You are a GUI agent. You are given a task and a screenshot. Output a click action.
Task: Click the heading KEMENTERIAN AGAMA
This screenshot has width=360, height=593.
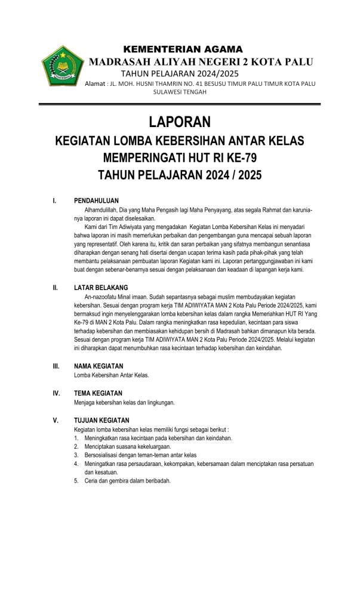[x=182, y=50]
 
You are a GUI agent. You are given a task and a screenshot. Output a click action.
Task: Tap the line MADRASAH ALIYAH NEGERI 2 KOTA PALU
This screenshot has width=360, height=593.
[x=200, y=62]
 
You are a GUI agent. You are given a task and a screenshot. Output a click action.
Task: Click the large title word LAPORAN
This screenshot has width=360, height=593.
[x=180, y=123]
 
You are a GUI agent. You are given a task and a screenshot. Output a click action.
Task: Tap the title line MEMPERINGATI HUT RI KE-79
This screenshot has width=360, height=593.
[x=180, y=158]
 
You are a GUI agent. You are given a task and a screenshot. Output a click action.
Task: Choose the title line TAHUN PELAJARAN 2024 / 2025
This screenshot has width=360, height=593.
[x=180, y=175]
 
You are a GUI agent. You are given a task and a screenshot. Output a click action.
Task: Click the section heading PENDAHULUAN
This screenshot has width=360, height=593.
[x=96, y=201]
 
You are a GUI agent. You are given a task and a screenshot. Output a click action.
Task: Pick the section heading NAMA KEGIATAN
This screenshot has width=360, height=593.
[x=99, y=366]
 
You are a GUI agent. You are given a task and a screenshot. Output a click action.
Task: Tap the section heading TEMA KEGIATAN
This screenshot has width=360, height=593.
[x=98, y=393]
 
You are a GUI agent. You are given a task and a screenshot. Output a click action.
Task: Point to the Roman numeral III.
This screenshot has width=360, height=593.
[x=56, y=366]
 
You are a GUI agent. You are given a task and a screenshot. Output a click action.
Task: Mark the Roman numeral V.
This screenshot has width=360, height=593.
[x=55, y=421]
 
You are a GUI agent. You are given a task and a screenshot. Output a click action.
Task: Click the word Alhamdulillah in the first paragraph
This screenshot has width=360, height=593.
[x=104, y=210]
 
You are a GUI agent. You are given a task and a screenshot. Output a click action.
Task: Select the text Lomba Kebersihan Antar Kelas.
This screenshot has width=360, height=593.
[x=111, y=375]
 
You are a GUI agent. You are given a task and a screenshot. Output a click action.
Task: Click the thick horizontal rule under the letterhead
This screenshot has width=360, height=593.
[x=180, y=105]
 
